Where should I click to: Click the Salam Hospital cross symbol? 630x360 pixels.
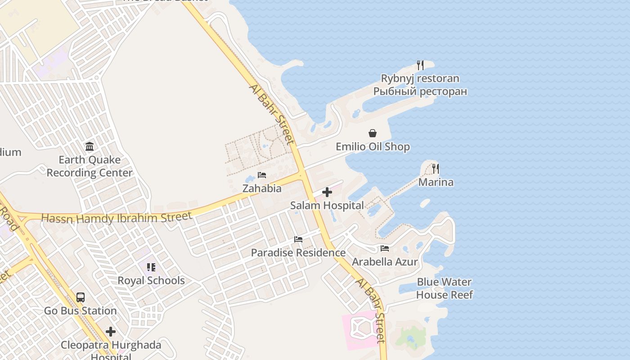click(x=327, y=193)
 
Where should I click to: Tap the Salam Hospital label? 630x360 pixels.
click(x=327, y=206)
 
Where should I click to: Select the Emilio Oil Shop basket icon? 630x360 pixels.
click(x=373, y=133)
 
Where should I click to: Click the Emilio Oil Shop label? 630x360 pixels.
click(x=373, y=147)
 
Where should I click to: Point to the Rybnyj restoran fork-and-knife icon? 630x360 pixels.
click(x=420, y=65)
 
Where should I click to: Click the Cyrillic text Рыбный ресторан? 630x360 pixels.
click(x=420, y=92)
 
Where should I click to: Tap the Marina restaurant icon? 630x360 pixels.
click(x=436, y=169)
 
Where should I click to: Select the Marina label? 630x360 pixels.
click(x=436, y=182)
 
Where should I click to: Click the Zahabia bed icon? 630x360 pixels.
click(x=262, y=175)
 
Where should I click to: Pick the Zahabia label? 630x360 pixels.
click(x=262, y=189)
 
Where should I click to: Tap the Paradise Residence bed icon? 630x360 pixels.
click(x=298, y=239)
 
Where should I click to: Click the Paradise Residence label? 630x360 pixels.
click(x=298, y=253)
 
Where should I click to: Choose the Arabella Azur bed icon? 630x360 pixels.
click(x=385, y=248)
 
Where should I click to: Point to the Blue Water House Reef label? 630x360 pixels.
click(x=444, y=288)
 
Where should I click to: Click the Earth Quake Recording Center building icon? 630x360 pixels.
click(x=90, y=147)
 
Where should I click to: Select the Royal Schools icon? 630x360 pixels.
click(x=151, y=267)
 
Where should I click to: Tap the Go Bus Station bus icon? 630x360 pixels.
click(x=81, y=297)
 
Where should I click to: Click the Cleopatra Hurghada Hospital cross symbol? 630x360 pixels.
click(x=111, y=332)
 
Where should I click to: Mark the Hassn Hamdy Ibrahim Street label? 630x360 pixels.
click(x=117, y=218)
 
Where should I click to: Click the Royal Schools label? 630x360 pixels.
click(x=151, y=281)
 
